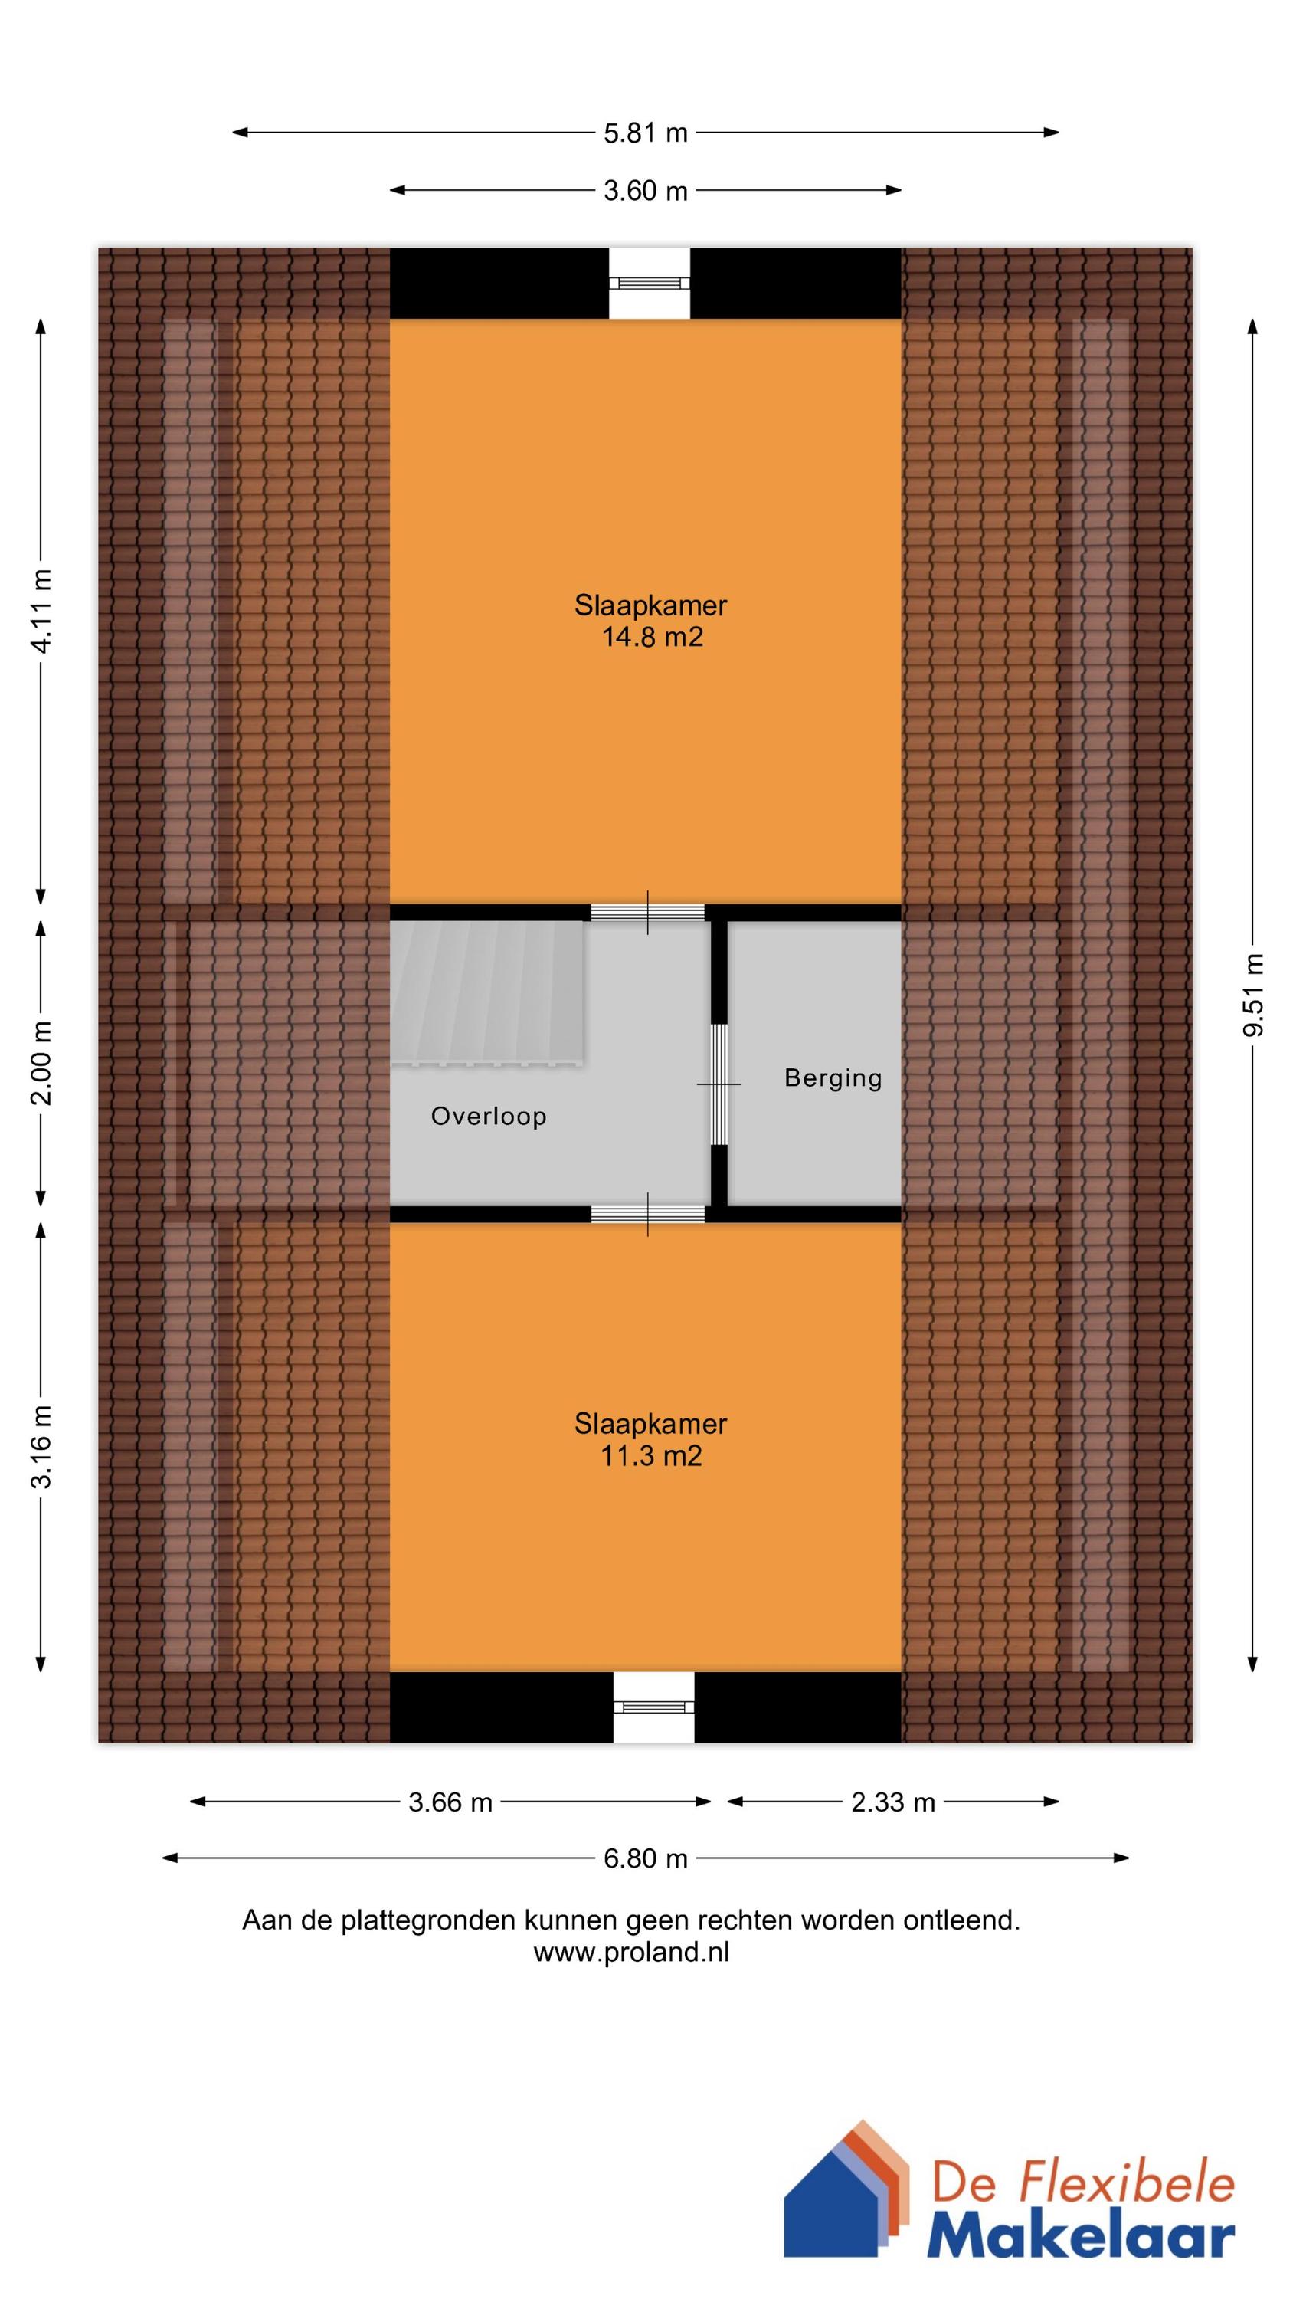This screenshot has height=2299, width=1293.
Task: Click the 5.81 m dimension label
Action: point(645,133)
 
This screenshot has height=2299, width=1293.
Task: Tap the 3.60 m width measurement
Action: point(645,191)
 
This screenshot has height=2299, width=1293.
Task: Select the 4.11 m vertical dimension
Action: point(41,612)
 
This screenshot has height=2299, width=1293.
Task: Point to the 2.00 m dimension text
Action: point(41,1062)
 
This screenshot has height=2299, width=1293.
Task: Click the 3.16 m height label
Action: point(41,1446)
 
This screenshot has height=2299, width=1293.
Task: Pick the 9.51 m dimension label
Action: point(1253,995)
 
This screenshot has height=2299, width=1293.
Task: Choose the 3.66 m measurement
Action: point(450,1802)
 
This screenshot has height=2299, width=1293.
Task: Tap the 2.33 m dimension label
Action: point(892,1802)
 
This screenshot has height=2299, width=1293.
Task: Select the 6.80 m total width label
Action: point(645,1858)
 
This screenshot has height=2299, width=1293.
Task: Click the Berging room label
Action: point(833,1078)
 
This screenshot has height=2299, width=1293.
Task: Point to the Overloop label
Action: point(488,1117)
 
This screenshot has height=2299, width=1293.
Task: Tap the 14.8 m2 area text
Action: point(651,638)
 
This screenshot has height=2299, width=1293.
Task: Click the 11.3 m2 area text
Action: point(651,1455)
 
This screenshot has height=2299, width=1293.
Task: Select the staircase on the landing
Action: point(488,992)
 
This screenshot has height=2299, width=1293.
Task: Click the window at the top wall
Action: point(650,283)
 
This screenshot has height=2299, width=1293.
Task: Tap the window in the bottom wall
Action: point(653,1707)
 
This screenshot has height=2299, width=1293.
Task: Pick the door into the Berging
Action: point(719,1084)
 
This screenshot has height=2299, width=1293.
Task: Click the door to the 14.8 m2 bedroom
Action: point(648,913)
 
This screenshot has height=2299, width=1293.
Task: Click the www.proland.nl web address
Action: point(631,1952)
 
